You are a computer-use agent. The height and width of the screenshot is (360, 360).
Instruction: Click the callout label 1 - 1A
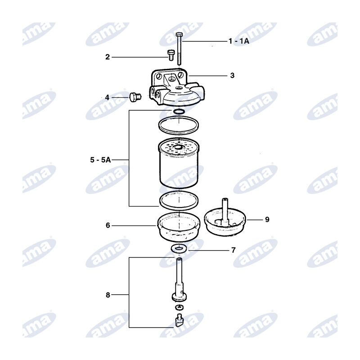pyautogui.click(x=239, y=41)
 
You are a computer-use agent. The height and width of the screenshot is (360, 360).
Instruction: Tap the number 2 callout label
pyautogui.click(x=108, y=57)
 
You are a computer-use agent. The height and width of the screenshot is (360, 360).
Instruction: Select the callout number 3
pyautogui.click(x=232, y=75)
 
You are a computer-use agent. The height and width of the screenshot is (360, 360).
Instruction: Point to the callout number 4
pyautogui.click(x=107, y=98)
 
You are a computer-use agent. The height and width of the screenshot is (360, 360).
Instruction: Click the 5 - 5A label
pyautogui.click(x=100, y=160)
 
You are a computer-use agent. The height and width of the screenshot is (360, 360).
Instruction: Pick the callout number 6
pyautogui.click(x=108, y=225)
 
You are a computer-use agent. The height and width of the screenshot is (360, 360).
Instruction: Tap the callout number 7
pyautogui.click(x=234, y=250)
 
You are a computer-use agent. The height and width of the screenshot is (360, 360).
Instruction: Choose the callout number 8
pyautogui.click(x=108, y=295)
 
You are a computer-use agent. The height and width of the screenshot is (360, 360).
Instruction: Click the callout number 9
pyautogui.click(x=267, y=220)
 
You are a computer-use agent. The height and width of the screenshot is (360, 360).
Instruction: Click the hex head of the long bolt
pyautogui.click(x=179, y=35)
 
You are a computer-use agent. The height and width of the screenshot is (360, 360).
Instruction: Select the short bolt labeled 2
pyautogui.click(x=171, y=55)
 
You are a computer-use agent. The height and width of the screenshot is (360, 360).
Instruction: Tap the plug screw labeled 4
pyautogui.click(x=135, y=97)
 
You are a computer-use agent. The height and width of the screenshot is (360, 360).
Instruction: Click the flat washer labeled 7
pyautogui.click(x=179, y=248)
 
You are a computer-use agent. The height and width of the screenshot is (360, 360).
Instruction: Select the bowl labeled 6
pyautogui.click(x=179, y=227)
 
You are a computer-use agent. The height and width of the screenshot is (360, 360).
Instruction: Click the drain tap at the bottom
pyautogui.click(x=178, y=320)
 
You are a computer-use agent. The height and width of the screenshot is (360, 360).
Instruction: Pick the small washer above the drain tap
pyautogui.click(x=179, y=307)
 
